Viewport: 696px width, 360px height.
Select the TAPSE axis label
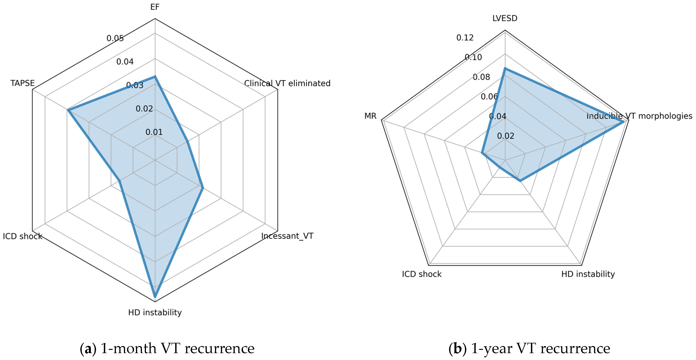(x=23, y=83)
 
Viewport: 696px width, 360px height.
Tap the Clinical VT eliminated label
(x=287, y=83)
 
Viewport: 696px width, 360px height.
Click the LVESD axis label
(x=505, y=18)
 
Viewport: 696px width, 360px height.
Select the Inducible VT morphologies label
(x=639, y=116)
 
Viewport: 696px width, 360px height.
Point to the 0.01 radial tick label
(x=154, y=132)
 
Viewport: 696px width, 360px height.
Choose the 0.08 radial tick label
(x=481, y=77)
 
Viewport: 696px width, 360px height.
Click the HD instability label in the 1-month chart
(x=155, y=312)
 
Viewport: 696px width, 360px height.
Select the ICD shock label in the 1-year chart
(x=422, y=274)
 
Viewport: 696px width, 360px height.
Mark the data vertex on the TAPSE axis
(x=68, y=110)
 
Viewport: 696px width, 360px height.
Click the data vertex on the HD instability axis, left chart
(x=155, y=297)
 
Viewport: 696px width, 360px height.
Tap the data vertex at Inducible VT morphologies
(x=624, y=122)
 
